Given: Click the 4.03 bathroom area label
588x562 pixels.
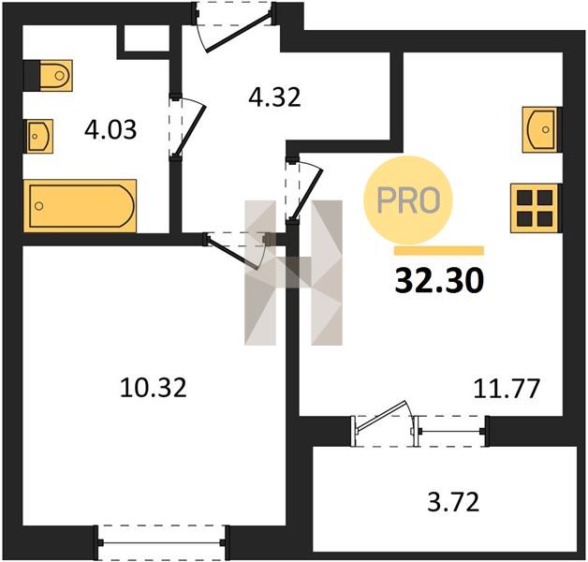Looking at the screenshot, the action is coord(110,130).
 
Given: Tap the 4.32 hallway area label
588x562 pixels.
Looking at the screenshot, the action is coord(274,97).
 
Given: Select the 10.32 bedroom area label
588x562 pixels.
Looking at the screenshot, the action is coord(153,388).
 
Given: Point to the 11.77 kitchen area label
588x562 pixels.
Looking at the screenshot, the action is coord(507,389).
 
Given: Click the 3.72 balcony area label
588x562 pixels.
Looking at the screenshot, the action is coord(453,503).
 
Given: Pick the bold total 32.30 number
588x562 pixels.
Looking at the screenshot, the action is coord(439,281).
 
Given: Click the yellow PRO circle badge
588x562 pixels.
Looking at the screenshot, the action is coord(408,200).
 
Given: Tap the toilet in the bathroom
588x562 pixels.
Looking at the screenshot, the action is coord(55,76).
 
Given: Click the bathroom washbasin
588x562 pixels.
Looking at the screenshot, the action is coord(39,136).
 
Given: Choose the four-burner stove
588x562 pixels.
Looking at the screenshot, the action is coord(536,208).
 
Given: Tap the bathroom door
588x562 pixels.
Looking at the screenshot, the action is coord(189,128).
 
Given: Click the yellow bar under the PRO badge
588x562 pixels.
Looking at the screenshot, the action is coord(439,251).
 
